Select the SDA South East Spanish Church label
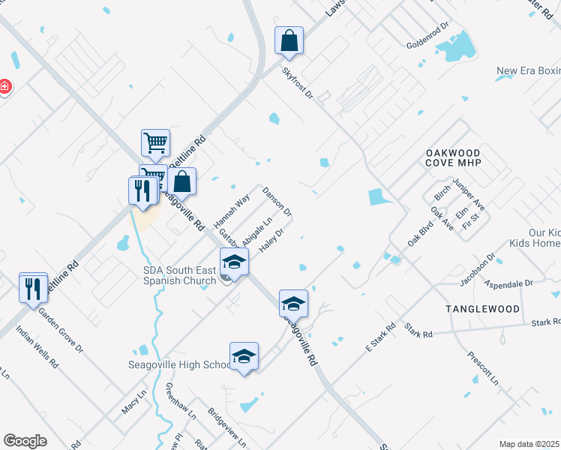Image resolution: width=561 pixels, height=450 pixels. [184, 275]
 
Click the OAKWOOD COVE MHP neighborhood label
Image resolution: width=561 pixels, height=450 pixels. [452, 157]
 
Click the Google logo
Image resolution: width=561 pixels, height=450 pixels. [25, 441]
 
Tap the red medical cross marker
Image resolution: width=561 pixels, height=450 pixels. [4, 87]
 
